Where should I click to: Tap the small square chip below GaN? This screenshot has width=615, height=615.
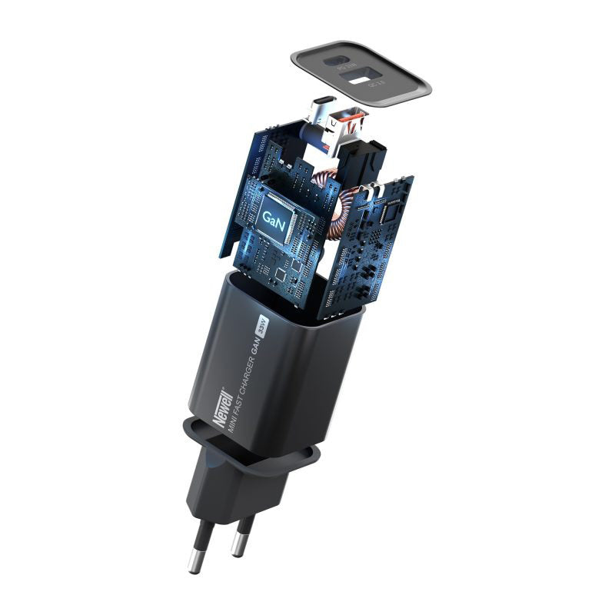click(281, 273)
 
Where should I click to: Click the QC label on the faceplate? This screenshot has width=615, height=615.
click(376, 85)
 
